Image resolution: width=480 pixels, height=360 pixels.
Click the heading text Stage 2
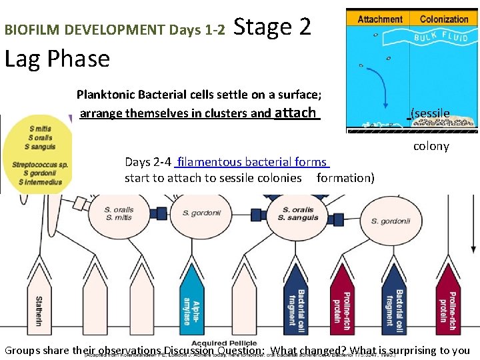pyautogui.click(x=272, y=27)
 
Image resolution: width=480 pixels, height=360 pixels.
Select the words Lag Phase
pyautogui.click(x=57, y=59)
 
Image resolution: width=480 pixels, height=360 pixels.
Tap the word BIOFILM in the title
pyautogui.click(x=27, y=30)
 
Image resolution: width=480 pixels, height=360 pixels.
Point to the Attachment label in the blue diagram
pyautogui.click(x=380, y=19)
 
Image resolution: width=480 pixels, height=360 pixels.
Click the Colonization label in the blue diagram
pyautogui.click(x=444, y=19)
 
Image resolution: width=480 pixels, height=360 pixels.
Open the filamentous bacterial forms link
pyautogui.click(x=252, y=162)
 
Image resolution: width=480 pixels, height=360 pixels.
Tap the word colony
pyautogui.click(x=431, y=146)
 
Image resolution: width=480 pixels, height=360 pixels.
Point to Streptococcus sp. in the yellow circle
pyautogui.click(x=39, y=164)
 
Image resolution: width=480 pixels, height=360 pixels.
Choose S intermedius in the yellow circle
pyautogui.click(x=40, y=181)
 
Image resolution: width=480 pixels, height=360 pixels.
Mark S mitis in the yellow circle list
pyautogui.click(x=41, y=129)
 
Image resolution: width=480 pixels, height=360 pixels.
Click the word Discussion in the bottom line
pyautogui.click(x=189, y=351)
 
